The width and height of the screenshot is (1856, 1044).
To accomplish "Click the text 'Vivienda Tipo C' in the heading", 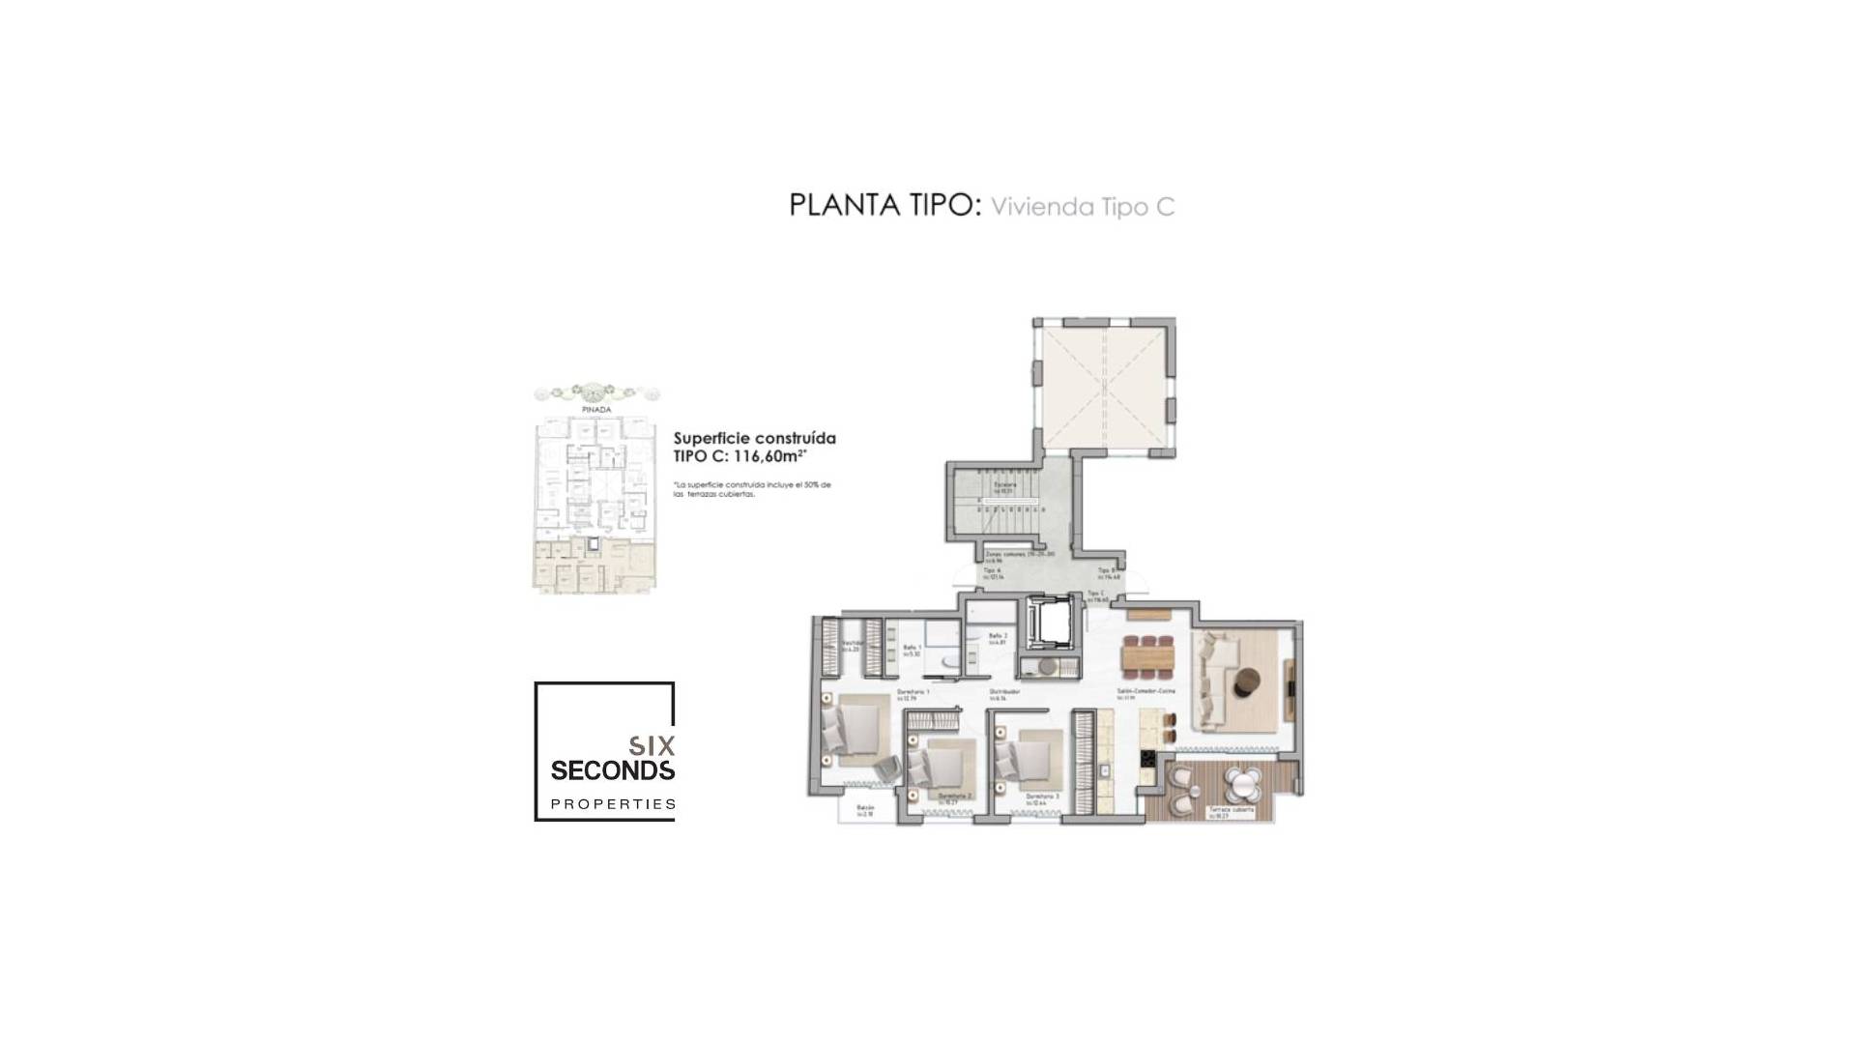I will [1083, 207].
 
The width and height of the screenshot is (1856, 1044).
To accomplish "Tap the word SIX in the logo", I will [652, 746].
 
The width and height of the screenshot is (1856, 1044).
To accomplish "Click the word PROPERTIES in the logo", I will [613, 804].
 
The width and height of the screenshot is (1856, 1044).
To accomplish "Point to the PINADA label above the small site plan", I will [596, 410].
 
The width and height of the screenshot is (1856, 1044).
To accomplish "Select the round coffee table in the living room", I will [1247, 681].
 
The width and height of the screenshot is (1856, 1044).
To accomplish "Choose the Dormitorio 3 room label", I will [1043, 797].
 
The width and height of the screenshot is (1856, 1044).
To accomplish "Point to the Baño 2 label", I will [998, 637].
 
